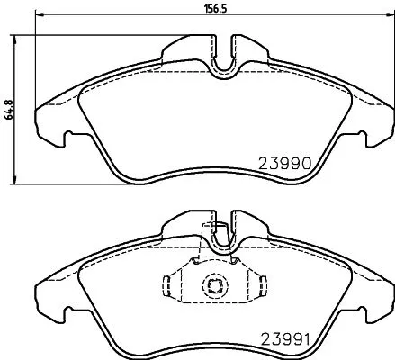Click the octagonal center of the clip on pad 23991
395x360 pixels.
(214, 287)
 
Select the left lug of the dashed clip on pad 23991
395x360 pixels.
(167, 286)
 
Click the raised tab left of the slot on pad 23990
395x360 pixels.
(191, 45)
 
